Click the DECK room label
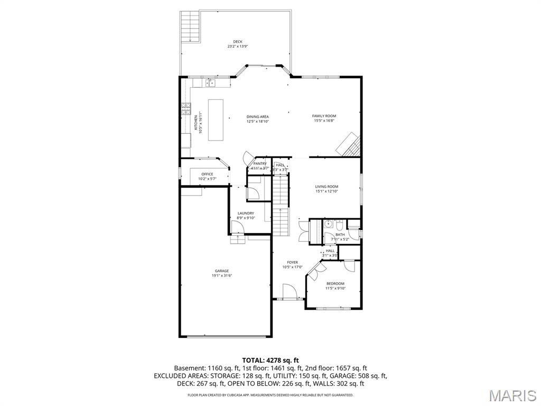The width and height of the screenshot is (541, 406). tap(238, 41)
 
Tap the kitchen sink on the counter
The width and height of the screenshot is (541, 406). tap(210, 82)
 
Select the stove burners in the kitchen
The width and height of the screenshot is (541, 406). tap(186, 108)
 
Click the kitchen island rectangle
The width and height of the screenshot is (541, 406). tap(216, 119)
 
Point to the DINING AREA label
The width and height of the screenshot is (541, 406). tap(257, 116)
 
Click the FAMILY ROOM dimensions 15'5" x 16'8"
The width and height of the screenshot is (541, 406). tap(324, 121)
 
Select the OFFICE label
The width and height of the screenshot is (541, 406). tap(207, 174)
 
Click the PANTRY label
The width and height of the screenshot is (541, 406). tap(260, 164)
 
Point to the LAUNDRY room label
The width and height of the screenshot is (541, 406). tap(246, 213)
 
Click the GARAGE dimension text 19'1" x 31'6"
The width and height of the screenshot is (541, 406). tap(222, 275)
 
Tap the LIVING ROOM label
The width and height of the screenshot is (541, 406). tap(327, 186)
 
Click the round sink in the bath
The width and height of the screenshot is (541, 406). tap(328, 224)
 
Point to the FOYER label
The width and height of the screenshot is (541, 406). tap(292, 262)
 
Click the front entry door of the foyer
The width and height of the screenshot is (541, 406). tap(288, 292)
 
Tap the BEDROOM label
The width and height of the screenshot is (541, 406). tap(334, 283)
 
